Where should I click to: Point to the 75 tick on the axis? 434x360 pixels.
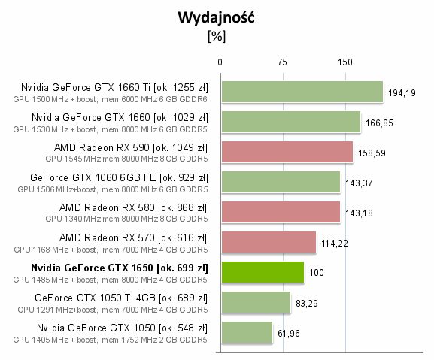click(283, 62)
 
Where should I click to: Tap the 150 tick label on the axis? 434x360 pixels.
click(345, 62)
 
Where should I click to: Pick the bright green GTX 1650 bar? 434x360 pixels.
click(262, 272)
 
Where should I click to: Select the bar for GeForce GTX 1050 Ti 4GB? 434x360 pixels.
click(255, 302)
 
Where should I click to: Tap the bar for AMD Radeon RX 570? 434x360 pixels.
click(268, 242)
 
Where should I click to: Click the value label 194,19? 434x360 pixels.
click(401, 94)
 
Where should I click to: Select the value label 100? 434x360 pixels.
click(317, 273)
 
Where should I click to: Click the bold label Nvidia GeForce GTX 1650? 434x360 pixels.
click(119, 268)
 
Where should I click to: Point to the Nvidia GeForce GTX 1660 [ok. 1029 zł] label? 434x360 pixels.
click(120, 117)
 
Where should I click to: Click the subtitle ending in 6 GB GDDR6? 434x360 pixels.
click(110, 98)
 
